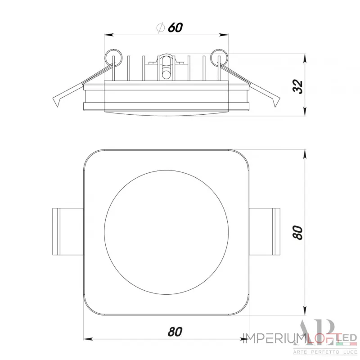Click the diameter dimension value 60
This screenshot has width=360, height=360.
pyautogui.click(x=175, y=27)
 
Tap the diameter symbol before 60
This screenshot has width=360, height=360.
pyautogui.click(x=160, y=27)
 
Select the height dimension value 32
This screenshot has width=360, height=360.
pyautogui.click(x=297, y=85)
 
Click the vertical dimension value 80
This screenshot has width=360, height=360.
pyautogui.click(x=297, y=232)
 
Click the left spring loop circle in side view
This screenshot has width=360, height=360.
pyautogui.click(x=113, y=58)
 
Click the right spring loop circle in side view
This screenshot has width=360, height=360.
pyautogui.click(x=217, y=58)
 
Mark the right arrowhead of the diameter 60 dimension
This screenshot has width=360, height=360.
pyautogui.click(x=223, y=35)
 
